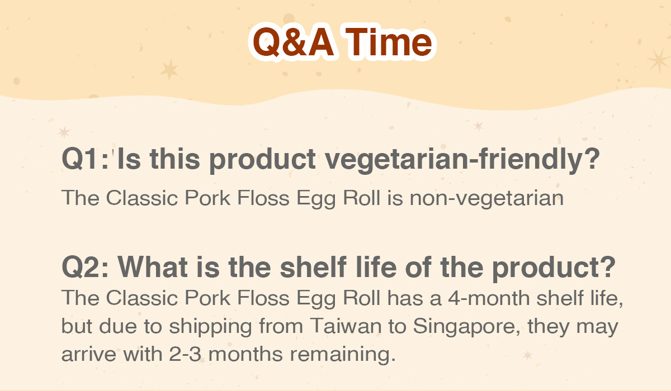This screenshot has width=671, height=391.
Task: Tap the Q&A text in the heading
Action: pos(293,42)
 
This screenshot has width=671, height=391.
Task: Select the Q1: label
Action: pos(84,159)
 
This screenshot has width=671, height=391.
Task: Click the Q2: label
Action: pos(84,267)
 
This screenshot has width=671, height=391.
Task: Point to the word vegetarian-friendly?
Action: pos(462,160)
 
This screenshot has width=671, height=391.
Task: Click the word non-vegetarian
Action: pos(486,198)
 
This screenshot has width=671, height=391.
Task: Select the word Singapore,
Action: pos(467,327)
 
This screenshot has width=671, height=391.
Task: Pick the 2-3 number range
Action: pos(185,354)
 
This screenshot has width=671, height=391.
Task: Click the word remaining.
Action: pos(342,355)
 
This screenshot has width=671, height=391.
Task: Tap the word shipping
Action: pos(210,327)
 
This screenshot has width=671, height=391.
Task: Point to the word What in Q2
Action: pos(153,267)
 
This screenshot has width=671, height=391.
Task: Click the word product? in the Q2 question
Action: pos(554,268)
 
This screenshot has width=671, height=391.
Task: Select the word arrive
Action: pos(89,355)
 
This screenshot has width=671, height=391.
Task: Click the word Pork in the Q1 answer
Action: pos(207,198)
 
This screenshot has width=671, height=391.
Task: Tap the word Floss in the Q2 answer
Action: pos(263,298)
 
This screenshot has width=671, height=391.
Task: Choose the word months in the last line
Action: pos(245,354)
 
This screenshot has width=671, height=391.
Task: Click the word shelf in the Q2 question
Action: pos(313,267)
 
